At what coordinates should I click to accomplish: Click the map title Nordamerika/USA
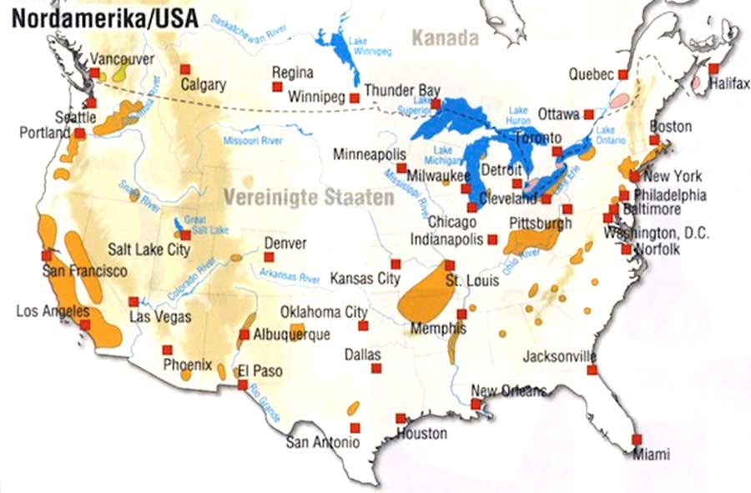(x=104, y=18)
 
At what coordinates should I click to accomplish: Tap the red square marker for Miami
(x=637, y=439)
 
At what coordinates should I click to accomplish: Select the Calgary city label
(x=204, y=85)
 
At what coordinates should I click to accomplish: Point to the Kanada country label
(x=446, y=38)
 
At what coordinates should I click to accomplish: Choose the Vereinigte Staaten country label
(x=308, y=199)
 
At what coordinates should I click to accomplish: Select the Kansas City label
(x=365, y=279)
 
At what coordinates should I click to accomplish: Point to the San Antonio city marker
(x=355, y=427)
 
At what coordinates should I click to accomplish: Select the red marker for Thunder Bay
(x=435, y=103)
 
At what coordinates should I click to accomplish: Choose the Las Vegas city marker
(x=134, y=301)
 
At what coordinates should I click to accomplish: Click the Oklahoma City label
(x=323, y=312)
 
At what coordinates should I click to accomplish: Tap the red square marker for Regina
(x=277, y=86)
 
